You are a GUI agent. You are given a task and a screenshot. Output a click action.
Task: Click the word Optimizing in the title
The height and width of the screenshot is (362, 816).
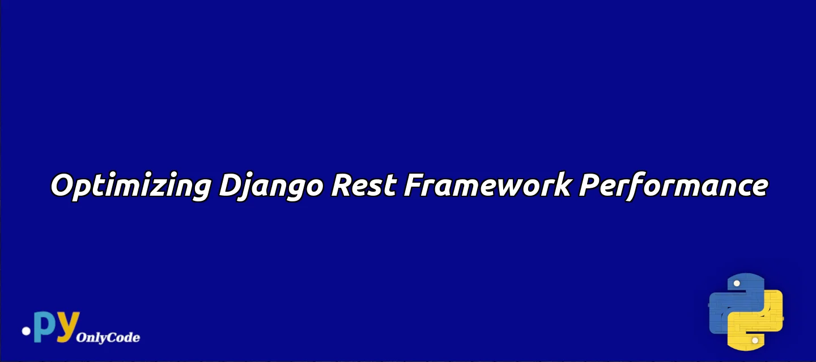[x=131, y=186]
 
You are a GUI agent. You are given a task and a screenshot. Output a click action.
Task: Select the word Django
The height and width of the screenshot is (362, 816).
[x=271, y=186]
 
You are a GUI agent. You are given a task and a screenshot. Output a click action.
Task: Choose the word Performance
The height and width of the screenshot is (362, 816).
[x=674, y=186]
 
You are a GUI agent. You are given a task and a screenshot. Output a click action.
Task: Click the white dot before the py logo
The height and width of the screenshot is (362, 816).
[x=26, y=331]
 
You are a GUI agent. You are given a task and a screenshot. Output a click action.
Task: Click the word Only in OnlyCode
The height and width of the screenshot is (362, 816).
[x=88, y=338]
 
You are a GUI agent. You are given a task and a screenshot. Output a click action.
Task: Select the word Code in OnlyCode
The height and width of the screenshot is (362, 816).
[x=120, y=337]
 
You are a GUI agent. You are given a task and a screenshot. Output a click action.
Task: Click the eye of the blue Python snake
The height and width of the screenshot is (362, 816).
[x=736, y=283]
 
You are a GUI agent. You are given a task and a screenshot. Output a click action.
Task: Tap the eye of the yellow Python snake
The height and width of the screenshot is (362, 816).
[x=755, y=340]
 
